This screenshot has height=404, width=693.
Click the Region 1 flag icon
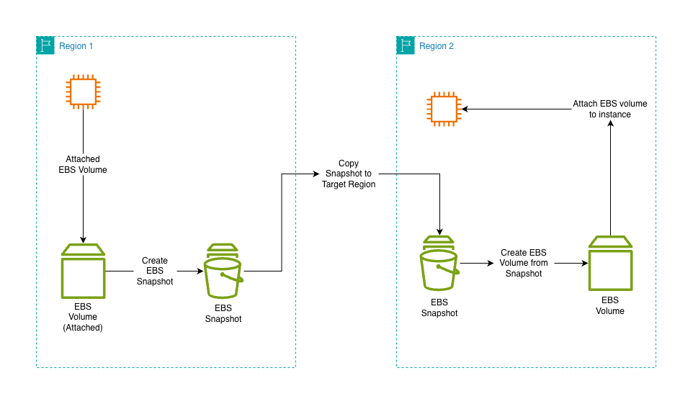(45, 45)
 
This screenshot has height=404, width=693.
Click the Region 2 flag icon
(406, 45)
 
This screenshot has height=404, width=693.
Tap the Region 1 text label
(76, 46)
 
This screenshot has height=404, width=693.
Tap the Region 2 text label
(437, 46)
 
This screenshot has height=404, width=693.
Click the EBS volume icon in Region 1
(83, 271)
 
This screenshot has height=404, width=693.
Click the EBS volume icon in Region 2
(610, 263)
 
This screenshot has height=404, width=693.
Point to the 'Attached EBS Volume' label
(83, 164)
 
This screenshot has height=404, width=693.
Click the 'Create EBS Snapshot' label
(155, 271)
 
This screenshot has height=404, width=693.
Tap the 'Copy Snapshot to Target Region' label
(349, 174)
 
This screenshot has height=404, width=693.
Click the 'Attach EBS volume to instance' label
(610, 109)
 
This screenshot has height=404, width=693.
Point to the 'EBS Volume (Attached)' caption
(83, 316)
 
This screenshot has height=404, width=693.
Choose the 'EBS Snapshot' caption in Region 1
(223, 313)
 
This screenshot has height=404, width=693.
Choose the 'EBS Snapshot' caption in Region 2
(439, 308)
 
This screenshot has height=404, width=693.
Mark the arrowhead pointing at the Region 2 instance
(465, 109)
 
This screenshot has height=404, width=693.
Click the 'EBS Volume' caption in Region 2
(610, 305)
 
